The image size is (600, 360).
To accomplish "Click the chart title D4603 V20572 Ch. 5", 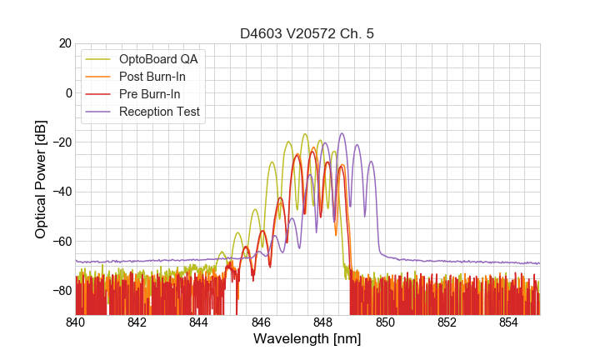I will click(307, 33).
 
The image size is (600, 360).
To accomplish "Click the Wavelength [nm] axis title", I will click(307, 339).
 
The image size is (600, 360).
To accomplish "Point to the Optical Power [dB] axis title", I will click(41, 179).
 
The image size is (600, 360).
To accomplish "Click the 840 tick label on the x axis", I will click(76, 322).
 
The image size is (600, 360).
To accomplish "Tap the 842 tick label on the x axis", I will click(137, 322).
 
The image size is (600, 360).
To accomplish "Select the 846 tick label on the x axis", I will click(262, 322).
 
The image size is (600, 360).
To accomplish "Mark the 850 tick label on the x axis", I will click(385, 322).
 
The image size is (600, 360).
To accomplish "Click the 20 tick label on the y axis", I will click(64, 43).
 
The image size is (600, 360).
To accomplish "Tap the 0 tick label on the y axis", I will click(67, 92).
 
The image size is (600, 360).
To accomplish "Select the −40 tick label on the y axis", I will click(61, 192).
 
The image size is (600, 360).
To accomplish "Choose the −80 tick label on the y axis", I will click(61, 291).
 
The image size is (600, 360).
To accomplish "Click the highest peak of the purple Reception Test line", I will click(342, 133).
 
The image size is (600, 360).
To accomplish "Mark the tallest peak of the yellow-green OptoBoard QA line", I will click(305, 133).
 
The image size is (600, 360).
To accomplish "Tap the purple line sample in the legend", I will click(98, 112).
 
